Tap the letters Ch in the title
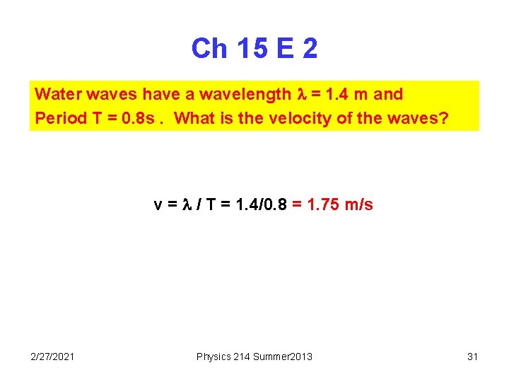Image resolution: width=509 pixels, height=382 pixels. point(209,49)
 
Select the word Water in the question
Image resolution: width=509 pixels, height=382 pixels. point(54,94)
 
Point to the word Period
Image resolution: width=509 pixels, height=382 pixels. point(61,117)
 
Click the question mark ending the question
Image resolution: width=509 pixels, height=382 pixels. point(444,117)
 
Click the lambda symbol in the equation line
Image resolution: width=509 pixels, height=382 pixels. point(187,205)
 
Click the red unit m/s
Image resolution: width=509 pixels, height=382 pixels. point(358,205)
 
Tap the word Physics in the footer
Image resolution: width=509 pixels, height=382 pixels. point(212,357)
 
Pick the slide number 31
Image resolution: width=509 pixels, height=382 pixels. point(473,357)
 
